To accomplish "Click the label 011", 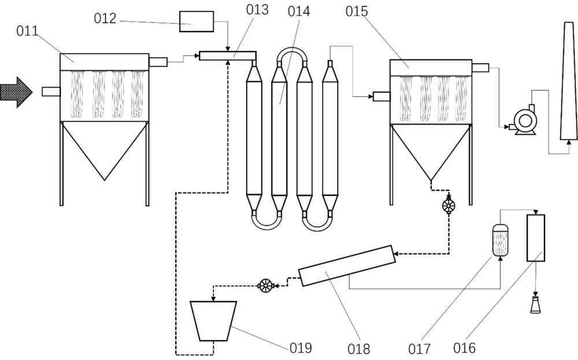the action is pos(27,31).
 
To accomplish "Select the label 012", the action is pos(105,18).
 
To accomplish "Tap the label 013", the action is pos(257,10).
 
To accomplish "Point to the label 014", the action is pos(299,12).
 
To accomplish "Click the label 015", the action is pos(357,12).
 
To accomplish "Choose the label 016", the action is pos(464,347).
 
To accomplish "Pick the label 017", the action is pos(419,348).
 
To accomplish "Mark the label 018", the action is pos(359,348).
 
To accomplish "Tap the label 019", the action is pos(301,347).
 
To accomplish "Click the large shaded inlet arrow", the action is pos(16,92).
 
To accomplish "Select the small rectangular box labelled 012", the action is pos(197,21).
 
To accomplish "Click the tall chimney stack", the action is pos(569,81).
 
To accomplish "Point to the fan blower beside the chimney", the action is pos(524,120).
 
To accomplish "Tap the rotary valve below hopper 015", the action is pos(449,206).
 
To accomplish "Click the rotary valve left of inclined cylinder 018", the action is pos(265,285).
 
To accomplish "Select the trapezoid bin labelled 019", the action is pos(213,321).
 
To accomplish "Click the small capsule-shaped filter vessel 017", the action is pos(500,240).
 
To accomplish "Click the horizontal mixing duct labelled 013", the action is pos(227,55).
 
